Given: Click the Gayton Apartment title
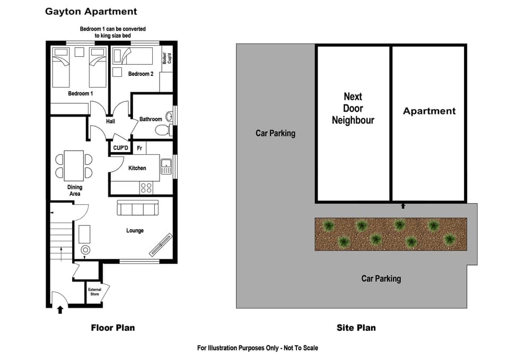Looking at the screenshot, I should click(x=91, y=11).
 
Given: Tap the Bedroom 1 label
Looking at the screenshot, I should click(x=81, y=94).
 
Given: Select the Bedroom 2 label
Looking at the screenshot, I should click(x=141, y=74).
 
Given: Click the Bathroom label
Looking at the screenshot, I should click(x=151, y=119).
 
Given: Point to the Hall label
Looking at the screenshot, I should click(x=110, y=121).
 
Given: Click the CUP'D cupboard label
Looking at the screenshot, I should click(x=121, y=148).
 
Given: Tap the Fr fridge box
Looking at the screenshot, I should click(x=139, y=148).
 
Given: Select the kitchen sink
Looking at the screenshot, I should click(x=166, y=166).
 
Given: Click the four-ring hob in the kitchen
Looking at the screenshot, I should click(x=146, y=187).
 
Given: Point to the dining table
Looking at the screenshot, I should click(x=74, y=165).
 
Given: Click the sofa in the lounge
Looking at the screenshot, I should click(x=137, y=208).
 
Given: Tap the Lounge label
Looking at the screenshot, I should click(x=135, y=231).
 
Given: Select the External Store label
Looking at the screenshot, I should click(x=94, y=292).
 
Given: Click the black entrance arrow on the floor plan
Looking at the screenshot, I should click(x=60, y=310).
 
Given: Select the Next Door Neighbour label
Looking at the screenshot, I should click(x=353, y=108).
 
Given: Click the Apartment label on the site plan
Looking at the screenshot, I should click(x=429, y=111).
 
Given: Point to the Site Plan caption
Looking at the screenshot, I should click(x=356, y=328).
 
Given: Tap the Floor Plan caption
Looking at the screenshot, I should click(x=112, y=328).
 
